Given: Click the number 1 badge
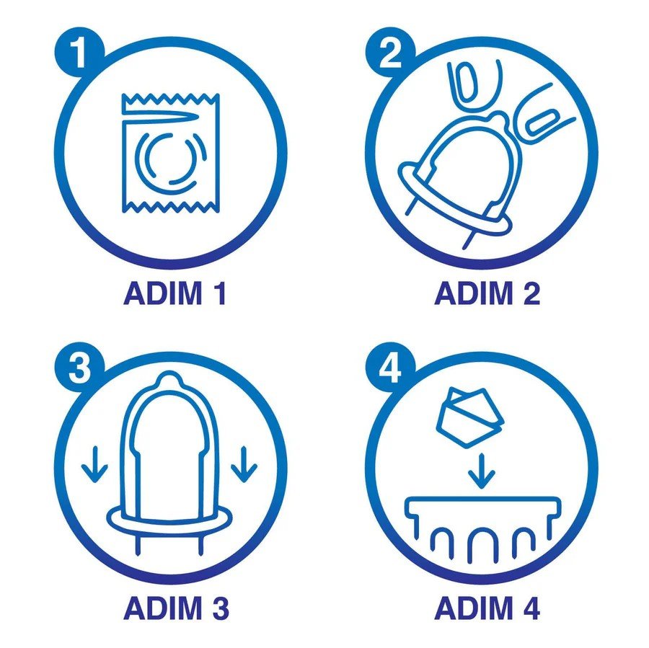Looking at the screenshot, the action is click(79, 52).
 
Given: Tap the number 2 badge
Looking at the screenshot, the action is click(390, 52).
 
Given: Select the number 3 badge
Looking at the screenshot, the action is click(79, 368).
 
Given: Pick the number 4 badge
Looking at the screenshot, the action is click(390, 368).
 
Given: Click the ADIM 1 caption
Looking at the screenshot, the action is click(175, 293).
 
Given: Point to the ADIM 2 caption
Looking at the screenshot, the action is click(487, 293).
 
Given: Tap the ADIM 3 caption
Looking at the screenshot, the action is click(177, 608).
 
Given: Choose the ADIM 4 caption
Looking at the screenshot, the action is click(487, 608).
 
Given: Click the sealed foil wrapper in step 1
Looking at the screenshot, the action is click(170, 153).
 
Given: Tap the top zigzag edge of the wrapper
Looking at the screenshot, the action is click(170, 99).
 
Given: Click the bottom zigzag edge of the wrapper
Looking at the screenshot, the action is click(170, 207).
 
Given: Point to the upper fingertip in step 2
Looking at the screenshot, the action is click(474, 84).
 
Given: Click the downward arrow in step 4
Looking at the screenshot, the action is click(481, 471).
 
